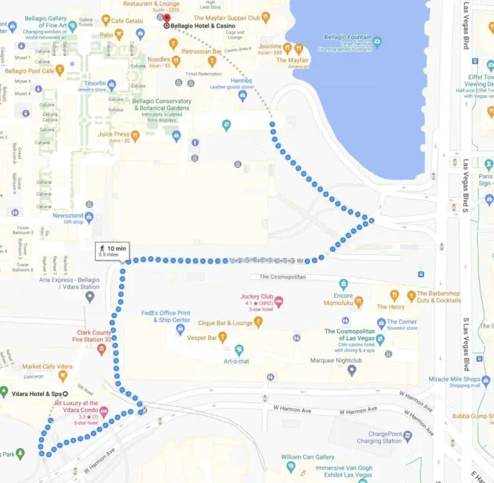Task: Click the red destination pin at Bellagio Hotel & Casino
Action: pos(167,19)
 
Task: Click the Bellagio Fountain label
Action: pos(347,38)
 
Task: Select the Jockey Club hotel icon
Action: pos(279,302)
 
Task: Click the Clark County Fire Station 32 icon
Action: pos(101,349)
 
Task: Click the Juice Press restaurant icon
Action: pos(135,136)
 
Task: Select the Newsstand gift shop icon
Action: pos(89,217)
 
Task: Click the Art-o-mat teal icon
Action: pos(239,350)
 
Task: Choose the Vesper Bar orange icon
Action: pos(223,336)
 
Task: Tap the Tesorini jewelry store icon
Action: pos(111,85)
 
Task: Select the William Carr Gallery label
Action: pos(307,457)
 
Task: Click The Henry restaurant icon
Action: pos(393,295)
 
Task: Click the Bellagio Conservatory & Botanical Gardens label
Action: pos(161,105)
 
